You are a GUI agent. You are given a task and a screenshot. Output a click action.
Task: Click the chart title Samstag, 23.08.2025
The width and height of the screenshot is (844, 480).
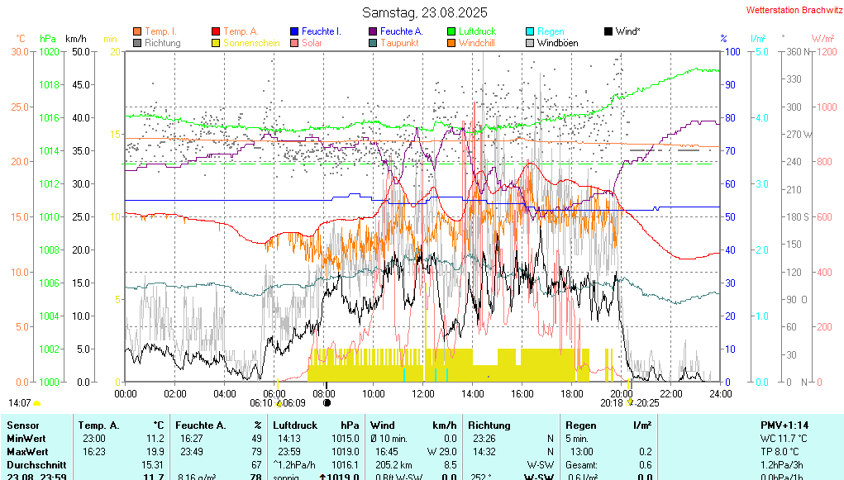coord(425,12)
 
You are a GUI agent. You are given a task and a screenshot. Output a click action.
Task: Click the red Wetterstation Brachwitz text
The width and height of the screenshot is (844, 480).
coord(794,10)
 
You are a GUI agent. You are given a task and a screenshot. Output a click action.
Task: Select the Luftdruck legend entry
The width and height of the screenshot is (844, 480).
coord(477,31)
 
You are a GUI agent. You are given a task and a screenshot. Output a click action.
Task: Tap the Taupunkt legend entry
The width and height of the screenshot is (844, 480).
coord(399,43)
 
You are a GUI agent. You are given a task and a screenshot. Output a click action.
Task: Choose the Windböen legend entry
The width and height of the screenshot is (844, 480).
coord(557,43)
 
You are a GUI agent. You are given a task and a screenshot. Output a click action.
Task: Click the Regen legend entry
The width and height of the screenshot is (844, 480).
coord(551,31)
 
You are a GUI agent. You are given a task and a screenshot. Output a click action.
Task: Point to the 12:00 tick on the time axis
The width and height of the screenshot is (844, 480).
coord(423,393)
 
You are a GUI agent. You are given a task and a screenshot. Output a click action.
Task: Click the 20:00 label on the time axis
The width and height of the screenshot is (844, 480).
coord(622,393)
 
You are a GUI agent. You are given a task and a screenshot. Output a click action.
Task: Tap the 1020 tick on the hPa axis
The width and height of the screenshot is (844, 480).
coord(49,51)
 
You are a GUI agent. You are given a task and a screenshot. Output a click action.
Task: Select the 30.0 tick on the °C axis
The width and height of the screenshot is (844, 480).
coord(20,51)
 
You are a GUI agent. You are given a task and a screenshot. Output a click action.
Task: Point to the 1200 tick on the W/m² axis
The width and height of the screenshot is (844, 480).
coord(822,51)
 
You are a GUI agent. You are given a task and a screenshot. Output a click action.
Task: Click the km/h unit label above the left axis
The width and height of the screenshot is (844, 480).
coord(75,38)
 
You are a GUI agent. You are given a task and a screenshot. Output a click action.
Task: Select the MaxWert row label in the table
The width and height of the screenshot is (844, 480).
coord(26,452)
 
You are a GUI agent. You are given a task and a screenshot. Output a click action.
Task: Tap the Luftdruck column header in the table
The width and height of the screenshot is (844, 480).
coord(294,425)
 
